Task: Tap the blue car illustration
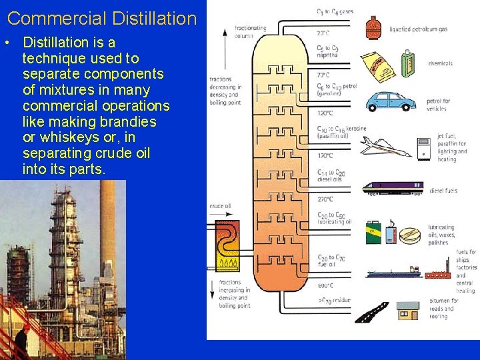[x=391, y=101]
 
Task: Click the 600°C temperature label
[x=325, y=285]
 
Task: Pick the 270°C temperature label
[x=325, y=199]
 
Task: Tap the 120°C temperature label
[x=325, y=113]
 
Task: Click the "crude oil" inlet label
[x=220, y=207]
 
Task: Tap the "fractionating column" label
[x=250, y=31]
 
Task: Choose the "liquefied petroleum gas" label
[x=419, y=29]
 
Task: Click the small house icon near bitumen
[x=407, y=311]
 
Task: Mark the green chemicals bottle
[x=408, y=64]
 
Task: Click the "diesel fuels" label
[x=443, y=191]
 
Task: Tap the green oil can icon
[x=374, y=233]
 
